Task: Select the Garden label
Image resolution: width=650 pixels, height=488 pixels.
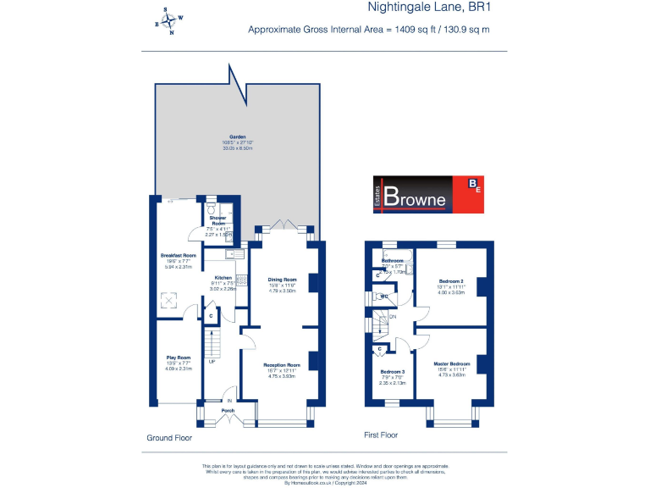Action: click(x=226, y=136)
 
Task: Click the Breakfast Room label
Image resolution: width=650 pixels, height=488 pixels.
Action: click(x=179, y=255)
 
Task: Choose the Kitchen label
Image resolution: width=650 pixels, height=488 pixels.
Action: click(x=223, y=277)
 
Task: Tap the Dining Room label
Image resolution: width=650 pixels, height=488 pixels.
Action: click(x=283, y=279)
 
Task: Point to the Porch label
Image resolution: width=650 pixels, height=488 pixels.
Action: click(x=228, y=411)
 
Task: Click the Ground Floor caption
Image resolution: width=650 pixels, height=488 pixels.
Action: click(x=168, y=438)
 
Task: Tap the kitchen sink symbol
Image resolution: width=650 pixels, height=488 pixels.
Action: click(x=230, y=252)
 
